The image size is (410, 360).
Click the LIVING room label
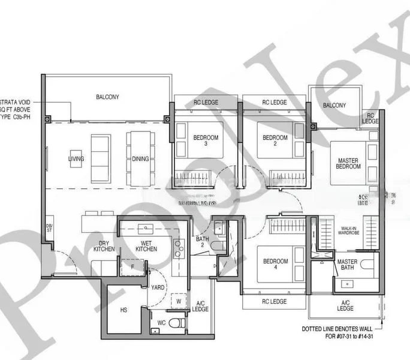[x=76, y=159]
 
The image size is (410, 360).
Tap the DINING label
[x=140, y=159]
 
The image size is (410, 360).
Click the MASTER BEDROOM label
[x=348, y=164]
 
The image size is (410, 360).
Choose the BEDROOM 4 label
[x=275, y=265]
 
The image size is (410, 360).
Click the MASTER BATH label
[x=347, y=265]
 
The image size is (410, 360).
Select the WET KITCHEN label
[x=146, y=247]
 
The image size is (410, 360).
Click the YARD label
[x=158, y=287]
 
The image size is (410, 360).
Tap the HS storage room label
[x=124, y=310]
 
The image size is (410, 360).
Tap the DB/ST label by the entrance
[x=49, y=228]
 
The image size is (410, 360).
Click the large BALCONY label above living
[x=107, y=97]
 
